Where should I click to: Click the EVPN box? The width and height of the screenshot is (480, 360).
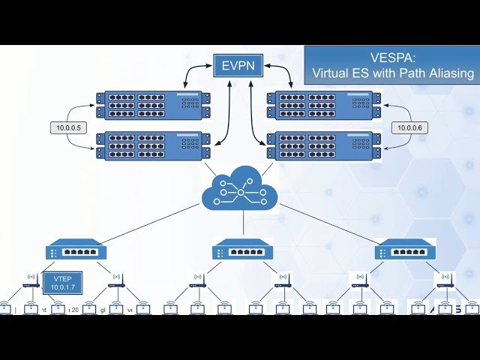(237, 66)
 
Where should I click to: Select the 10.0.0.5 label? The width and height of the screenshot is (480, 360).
(69, 128)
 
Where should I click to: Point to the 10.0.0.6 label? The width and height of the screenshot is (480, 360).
(410, 128)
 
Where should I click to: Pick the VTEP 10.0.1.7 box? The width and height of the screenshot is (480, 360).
(62, 283)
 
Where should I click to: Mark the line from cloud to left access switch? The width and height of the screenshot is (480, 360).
(142, 223)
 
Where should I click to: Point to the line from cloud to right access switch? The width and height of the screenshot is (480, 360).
(337, 223)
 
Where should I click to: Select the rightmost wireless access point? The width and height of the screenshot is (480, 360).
(445, 280)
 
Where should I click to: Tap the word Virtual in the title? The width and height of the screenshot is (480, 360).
(334, 73)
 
